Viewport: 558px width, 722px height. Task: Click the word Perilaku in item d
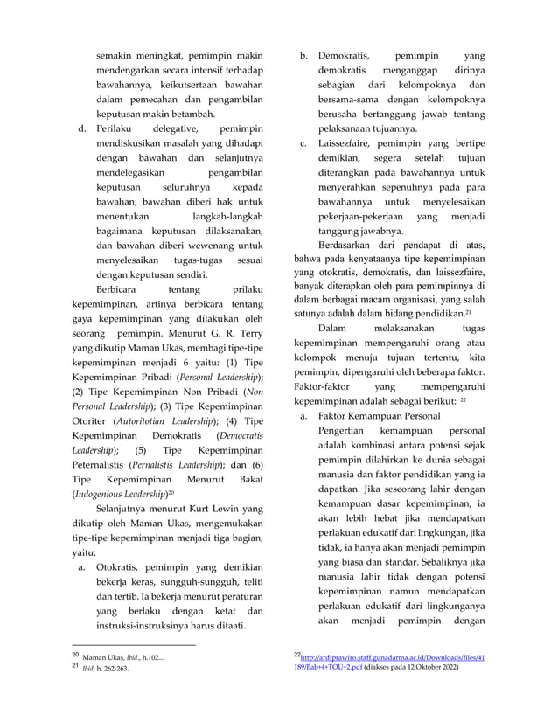(119, 130)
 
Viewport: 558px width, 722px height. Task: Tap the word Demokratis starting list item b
(344, 56)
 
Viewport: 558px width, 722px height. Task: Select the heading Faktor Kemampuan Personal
(379, 417)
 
